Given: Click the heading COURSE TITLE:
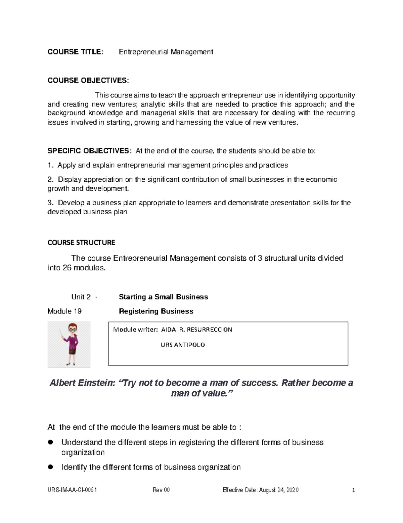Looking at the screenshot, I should click(75, 52).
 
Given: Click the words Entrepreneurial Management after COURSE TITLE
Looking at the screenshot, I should click(166, 52).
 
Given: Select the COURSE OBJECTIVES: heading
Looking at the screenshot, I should click(88, 80).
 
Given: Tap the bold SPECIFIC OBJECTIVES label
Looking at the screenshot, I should click(88, 151).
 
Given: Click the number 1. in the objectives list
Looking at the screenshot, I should click(50, 165).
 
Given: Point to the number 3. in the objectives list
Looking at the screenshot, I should click(50, 203).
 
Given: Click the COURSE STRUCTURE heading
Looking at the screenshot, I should click(81, 243).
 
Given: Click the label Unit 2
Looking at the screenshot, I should click(81, 297).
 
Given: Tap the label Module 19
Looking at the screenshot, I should click(64, 311).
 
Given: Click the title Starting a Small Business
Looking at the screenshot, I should click(163, 297).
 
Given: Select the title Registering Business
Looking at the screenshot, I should click(156, 311).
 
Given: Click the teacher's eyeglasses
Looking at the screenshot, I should click(72, 330).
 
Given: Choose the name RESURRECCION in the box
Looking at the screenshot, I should click(209, 330).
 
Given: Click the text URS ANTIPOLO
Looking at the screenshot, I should click(183, 345).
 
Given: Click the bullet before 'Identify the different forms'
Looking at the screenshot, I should click(51, 467).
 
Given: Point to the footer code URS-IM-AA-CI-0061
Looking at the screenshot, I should click(72, 490).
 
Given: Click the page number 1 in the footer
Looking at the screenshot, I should click(353, 490).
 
